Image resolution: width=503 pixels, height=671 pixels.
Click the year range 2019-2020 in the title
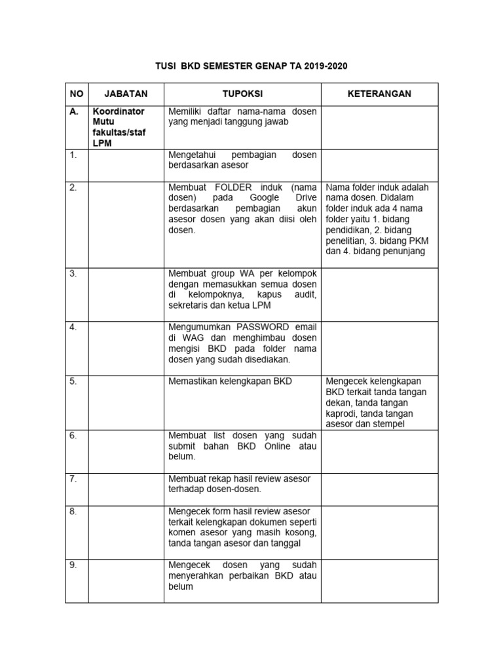322,66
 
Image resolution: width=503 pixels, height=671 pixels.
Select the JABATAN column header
126,94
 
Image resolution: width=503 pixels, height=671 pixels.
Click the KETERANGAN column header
379,94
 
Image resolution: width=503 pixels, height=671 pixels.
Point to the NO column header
76,94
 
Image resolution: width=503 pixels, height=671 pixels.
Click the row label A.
74,111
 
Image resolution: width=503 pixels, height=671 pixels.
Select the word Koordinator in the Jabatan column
119,111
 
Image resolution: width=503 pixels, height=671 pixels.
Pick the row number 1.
73,155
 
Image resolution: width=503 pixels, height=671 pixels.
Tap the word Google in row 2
264,197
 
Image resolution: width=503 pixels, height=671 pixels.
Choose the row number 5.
73,381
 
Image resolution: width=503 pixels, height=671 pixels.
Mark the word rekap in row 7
214,478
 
